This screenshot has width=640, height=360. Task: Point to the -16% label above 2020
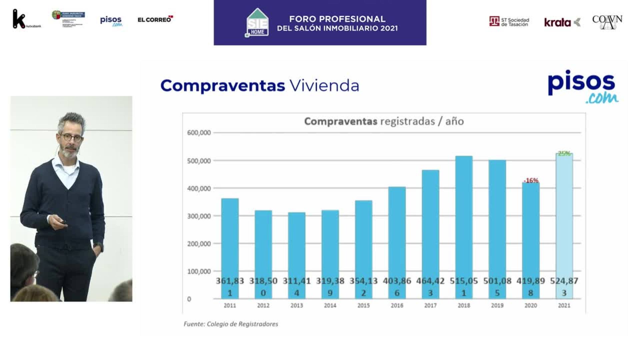click(x=531, y=180)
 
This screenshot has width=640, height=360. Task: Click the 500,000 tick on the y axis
click(x=199, y=161)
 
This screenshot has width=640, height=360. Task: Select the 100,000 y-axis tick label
click(x=199, y=271)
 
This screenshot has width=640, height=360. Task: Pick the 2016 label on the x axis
click(x=397, y=305)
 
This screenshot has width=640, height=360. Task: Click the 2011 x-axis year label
click(x=230, y=305)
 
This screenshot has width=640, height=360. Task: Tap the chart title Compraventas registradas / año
click(x=384, y=121)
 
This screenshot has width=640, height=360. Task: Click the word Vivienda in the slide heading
click(x=324, y=86)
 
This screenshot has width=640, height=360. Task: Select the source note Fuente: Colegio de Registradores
click(x=231, y=324)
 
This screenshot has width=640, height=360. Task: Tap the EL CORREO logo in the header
click(x=155, y=19)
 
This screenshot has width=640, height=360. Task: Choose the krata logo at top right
click(x=562, y=22)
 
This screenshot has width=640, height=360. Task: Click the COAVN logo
click(x=607, y=22)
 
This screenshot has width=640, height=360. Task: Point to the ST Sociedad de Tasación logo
click(x=509, y=22)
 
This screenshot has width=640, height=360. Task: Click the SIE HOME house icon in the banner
click(x=257, y=23)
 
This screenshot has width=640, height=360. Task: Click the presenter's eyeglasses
click(x=71, y=138)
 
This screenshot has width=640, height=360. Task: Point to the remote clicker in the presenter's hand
click(x=63, y=222)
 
